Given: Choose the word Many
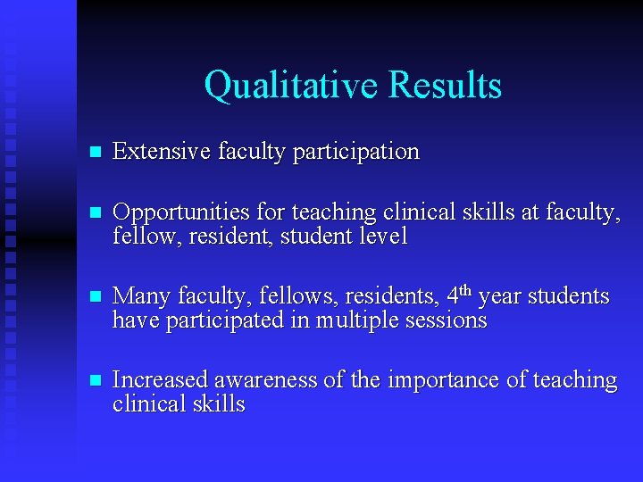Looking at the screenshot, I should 142,296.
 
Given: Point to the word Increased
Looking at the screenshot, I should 159,380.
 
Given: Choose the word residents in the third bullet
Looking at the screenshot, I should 392,296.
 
